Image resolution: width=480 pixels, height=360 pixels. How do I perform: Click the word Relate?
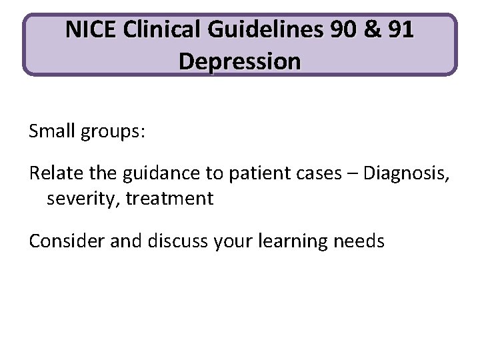tap(51, 175)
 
